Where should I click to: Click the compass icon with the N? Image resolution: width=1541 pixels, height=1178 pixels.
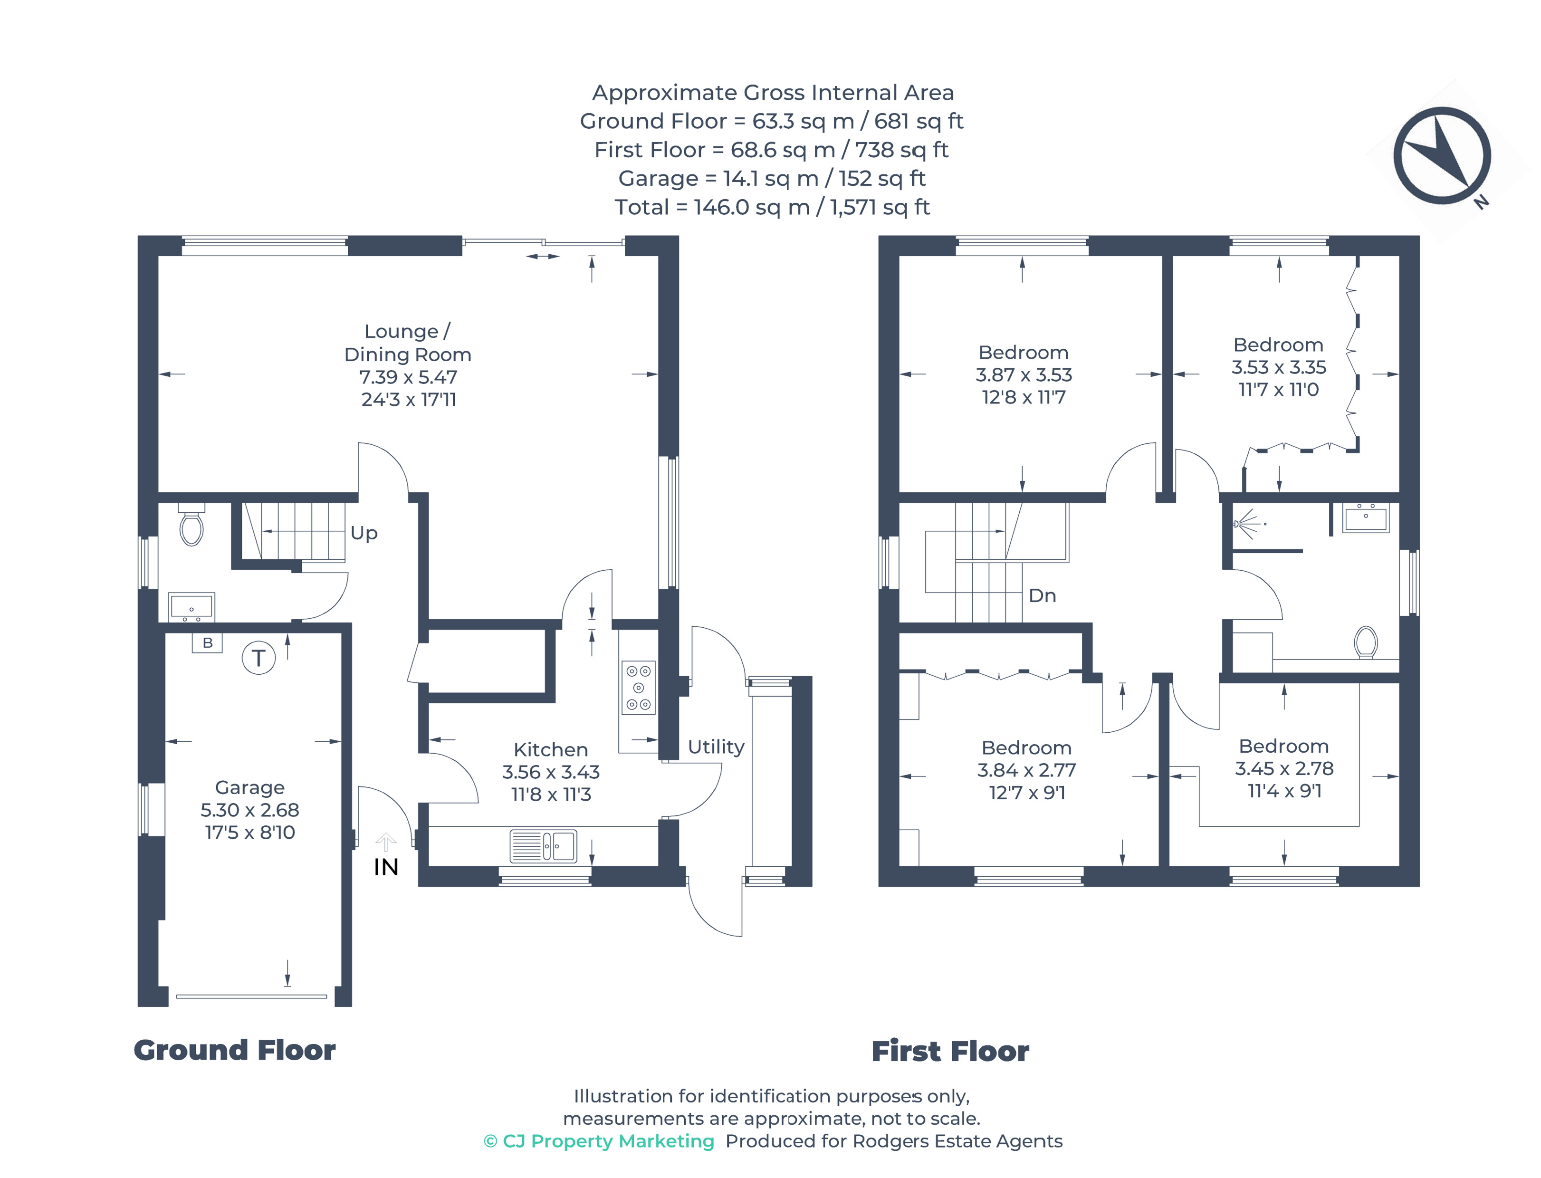point(1441,156)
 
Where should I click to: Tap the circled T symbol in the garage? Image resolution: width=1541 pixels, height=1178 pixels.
point(258,658)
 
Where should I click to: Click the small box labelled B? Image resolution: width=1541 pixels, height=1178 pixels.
point(207,642)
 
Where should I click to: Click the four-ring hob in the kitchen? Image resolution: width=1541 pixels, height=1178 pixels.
point(638,687)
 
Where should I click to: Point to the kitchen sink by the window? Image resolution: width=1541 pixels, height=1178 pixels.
point(543,846)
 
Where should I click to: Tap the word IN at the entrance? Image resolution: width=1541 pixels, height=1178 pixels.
point(385,867)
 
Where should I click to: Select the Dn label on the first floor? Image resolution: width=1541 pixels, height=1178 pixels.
point(1042,596)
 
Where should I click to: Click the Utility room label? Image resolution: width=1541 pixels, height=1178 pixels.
point(715,747)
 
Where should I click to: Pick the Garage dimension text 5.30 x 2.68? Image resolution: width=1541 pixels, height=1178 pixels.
point(249,810)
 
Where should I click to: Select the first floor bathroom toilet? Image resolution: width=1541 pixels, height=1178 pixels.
point(1365,641)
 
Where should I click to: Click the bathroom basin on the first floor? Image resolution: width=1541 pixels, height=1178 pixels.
point(1365,518)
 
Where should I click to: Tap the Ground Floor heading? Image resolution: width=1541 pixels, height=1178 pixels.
point(234,1050)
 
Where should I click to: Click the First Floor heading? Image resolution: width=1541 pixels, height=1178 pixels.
point(949,1051)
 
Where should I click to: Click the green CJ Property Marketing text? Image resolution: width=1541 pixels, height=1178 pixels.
point(599,1141)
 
